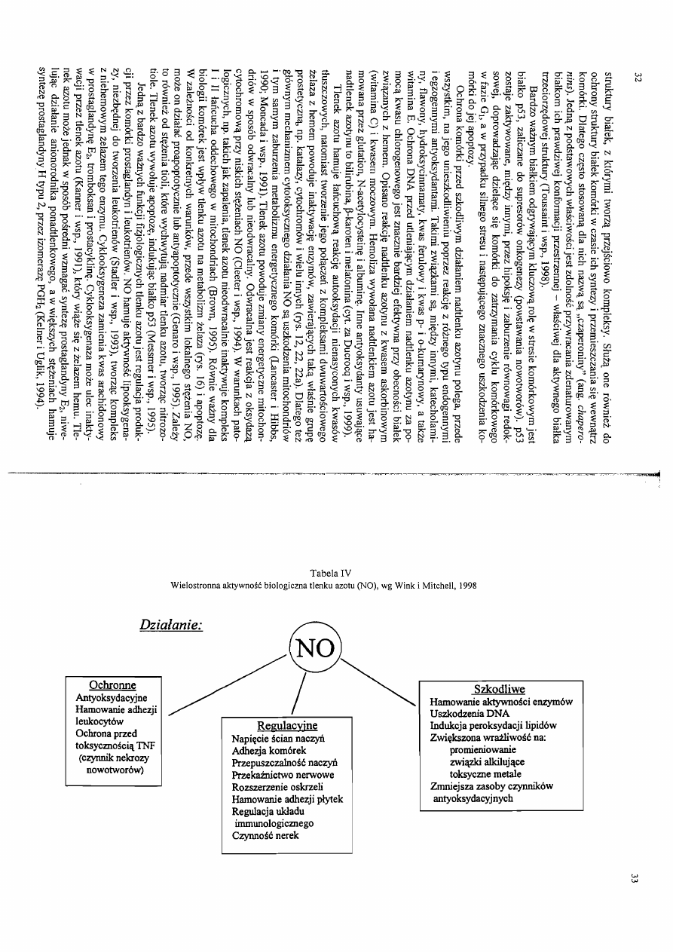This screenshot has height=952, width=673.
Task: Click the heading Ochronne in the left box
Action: [112, 685]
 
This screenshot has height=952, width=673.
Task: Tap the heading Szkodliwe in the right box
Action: [498, 689]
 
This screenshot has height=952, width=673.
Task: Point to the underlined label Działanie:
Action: [170, 625]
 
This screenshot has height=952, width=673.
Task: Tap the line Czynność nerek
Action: [265, 837]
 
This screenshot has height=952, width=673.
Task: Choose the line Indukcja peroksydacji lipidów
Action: [493, 725]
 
